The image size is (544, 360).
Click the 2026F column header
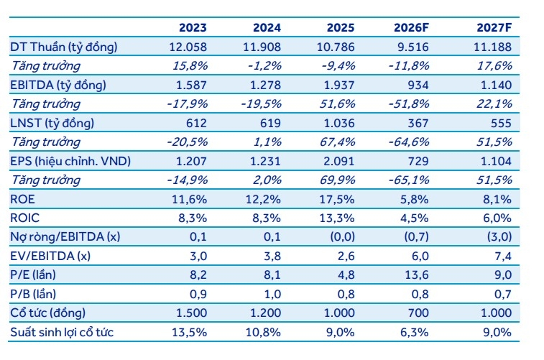click(x=411, y=27)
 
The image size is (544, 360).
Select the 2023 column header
click(x=193, y=27)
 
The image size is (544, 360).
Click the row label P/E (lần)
click(x=33, y=274)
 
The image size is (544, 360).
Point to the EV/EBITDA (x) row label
click(x=50, y=256)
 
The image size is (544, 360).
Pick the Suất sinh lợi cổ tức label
click(x=62, y=332)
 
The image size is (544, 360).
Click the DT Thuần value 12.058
click(x=188, y=47)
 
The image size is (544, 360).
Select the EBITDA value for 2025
click(x=339, y=85)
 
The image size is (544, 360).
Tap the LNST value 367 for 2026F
click(x=418, y=123)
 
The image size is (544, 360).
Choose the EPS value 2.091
click(x=339, y=161)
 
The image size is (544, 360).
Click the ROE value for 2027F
click(x=497, y=199)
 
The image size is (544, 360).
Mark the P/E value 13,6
click(x=417, y=274)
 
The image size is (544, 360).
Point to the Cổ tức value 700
click(x=418, y=313)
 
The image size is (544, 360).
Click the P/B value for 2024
click(x=272, y=294)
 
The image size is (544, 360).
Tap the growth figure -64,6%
click(x=409, y=142)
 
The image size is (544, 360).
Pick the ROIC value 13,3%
click(x=337, y=218)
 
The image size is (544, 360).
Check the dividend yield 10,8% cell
click(x=263, y=332)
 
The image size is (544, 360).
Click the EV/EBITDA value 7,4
click(x=503, y=256)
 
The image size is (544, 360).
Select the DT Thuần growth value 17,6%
click(x=494, y=65)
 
